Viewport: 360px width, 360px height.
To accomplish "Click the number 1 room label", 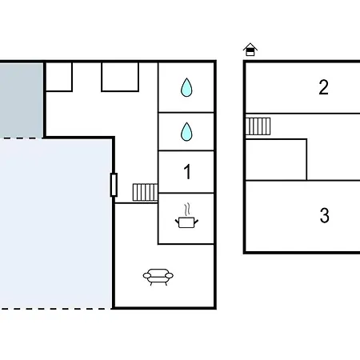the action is pyautogui.click(x=187, y=172).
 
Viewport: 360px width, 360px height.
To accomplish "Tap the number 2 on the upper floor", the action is pyautogui.click(x=324, y=87).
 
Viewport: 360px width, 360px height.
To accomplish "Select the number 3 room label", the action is pyautogui.click(x=325, y=215).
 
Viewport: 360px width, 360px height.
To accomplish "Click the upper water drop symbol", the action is pyautogui.click(x=186, y=87).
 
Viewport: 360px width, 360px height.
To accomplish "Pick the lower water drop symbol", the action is pyautogui.click(x=186, y=131).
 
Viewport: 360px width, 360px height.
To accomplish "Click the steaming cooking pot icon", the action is pyautogui.click(x=186, y=216).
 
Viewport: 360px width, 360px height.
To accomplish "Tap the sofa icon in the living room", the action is pyautogui.click(x=158, y=277).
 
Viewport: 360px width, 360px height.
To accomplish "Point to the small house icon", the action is pyautogui.click(x=250, y=50).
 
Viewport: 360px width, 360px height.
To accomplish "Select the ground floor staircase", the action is pyautogui.click(x=145, y=192).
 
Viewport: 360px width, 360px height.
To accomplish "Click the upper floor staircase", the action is pyautogui.click(x=258, y=126).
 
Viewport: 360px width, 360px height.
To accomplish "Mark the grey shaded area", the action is pyautogui.click(x=22, y=101).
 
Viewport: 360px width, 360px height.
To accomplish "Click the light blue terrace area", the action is pyautogui.click(x=55, y=223).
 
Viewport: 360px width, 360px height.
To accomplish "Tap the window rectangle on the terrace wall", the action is pyautogui.click(x=114, y=185).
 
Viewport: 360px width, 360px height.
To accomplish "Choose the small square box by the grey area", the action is pyautogui.click(x=59, y=77).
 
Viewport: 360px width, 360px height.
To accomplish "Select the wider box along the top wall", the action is pyautogui.click(x=120, y=77).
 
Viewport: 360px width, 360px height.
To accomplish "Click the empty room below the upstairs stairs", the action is pyautogui.click(x=276, y=160).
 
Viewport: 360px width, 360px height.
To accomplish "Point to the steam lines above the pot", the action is pyautogui.click(x=187, y=210).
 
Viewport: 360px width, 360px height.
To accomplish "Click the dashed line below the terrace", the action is pyautogui.click(x=55, y=309).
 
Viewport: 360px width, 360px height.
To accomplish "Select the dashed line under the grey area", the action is pyautogui.click(x=22, y=138).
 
